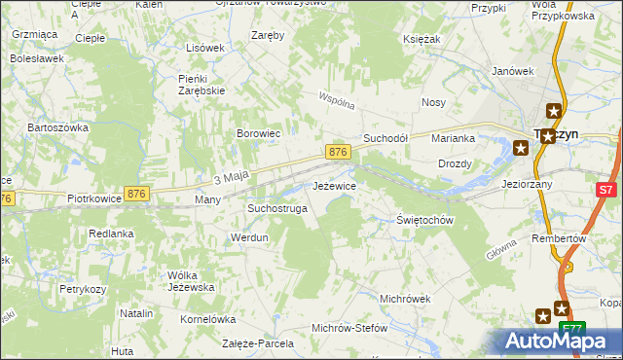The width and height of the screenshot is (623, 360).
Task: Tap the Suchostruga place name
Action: [277, 208]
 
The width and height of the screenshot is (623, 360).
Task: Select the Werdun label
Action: [248, 237]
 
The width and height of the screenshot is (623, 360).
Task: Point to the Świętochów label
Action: [426, 220]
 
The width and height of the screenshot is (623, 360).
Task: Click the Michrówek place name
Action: [405, 298]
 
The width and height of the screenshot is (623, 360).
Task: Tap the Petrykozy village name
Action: [82, 289]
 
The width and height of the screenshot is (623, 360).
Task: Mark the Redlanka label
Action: [111, 234]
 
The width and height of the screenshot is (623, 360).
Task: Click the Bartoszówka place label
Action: [58, 127]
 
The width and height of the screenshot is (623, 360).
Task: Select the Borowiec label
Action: [259, 133]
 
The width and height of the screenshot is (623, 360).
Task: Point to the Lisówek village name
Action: [205, 48]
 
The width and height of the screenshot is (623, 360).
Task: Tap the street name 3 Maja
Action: [232, 177]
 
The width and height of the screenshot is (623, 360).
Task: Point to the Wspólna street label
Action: [337, 100]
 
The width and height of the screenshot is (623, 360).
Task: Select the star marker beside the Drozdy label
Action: [521, 148]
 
